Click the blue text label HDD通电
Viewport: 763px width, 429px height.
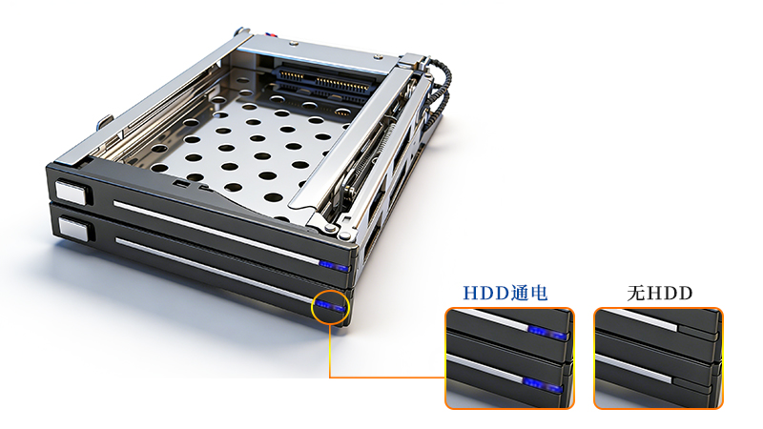[x=505, y=293]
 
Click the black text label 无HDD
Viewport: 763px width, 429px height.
[x=659, y=293]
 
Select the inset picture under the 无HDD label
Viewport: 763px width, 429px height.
[x=658, y=357]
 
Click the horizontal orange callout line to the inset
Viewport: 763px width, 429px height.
[x=386, y=377]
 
